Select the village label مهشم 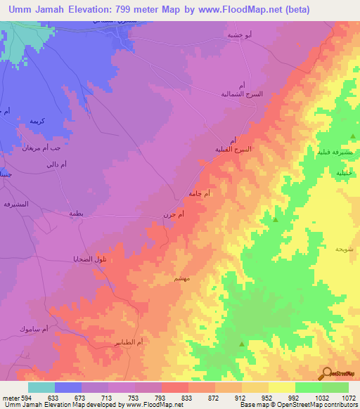[181, 279]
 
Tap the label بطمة [77, 213]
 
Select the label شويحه [343, 249]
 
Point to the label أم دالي [56, 164]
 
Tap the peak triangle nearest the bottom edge [242, 344]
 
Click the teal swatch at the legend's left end [41, 387]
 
